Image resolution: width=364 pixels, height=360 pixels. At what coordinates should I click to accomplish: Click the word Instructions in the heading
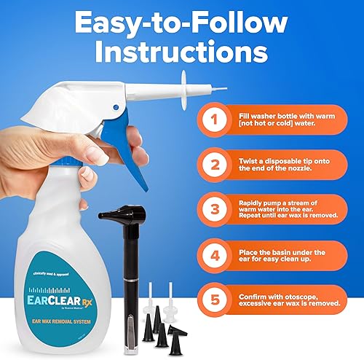pyautogui.click(x=182, y=56)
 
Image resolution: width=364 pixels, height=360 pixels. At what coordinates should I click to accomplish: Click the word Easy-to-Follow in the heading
pyautogui.click(x=182, y=23)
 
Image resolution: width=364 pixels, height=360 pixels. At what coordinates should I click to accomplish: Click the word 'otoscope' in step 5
pyautogui.click(x=305, y=296)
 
